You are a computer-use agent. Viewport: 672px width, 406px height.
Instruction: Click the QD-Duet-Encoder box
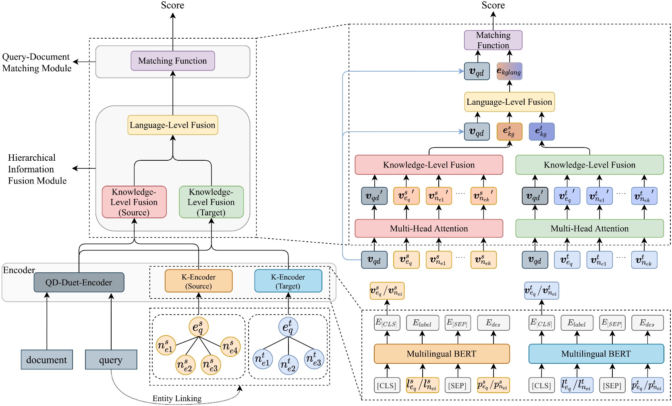coord(79,282)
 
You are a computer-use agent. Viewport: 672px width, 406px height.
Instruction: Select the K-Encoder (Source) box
coord(199,281)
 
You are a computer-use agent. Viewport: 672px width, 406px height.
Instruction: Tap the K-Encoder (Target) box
coord(288,281)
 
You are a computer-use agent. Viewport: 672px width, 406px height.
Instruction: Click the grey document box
coord(47,360)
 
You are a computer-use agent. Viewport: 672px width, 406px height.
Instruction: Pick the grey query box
coord(111,360)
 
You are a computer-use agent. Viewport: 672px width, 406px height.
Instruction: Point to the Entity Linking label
coord(177,398)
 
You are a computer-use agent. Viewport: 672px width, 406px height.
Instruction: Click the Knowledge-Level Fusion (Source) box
coord(134,202)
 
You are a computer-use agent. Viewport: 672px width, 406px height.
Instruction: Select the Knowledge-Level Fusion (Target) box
coord(211,202)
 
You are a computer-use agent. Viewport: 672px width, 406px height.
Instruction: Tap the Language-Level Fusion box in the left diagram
coord(173,125)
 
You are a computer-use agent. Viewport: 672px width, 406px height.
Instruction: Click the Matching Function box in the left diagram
coord(172,61)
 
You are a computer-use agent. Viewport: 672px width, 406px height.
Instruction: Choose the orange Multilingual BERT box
coord(442,354)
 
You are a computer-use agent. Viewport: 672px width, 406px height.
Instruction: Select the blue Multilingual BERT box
coord(596,354)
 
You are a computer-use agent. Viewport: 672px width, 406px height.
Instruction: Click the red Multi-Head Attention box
coord(429,228)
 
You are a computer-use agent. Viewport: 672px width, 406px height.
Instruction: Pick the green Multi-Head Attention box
coord(589,228)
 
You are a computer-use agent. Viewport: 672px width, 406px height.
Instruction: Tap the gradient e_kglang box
coord(509,71)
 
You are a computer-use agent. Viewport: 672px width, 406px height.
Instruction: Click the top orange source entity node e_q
coord(198,327)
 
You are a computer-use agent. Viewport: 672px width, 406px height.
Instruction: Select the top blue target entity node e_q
coord(288,327)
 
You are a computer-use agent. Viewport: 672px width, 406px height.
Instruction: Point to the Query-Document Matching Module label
coord(37,62)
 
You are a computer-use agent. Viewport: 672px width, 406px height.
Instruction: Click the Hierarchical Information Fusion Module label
coord(37,169)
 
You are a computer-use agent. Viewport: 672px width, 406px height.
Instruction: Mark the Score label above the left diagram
coord(172,5)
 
